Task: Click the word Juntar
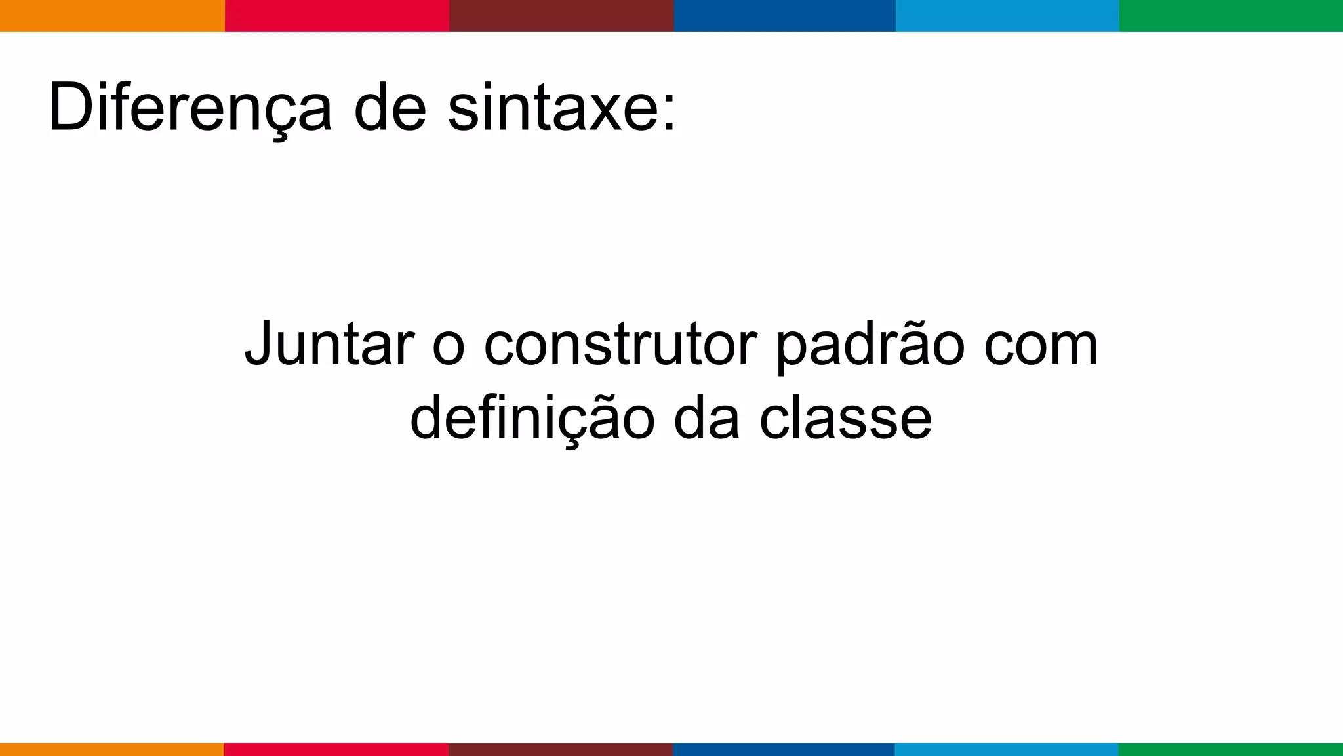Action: point(329,345)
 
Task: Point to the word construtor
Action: point(620,345)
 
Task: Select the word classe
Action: point(846,419)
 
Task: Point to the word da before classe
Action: point(707,419)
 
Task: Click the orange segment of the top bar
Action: point(112,16)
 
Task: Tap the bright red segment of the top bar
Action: point(337,16)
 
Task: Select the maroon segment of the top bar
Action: point(561,16)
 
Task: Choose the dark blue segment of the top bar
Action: point(784,16)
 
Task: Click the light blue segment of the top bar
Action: point(1007,16)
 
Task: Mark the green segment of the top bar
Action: point(1231,16)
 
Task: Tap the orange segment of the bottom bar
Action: point(112,749)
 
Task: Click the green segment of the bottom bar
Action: point(1231,749)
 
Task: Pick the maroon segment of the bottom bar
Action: point(561,749)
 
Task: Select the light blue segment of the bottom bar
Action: point(1007,749)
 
